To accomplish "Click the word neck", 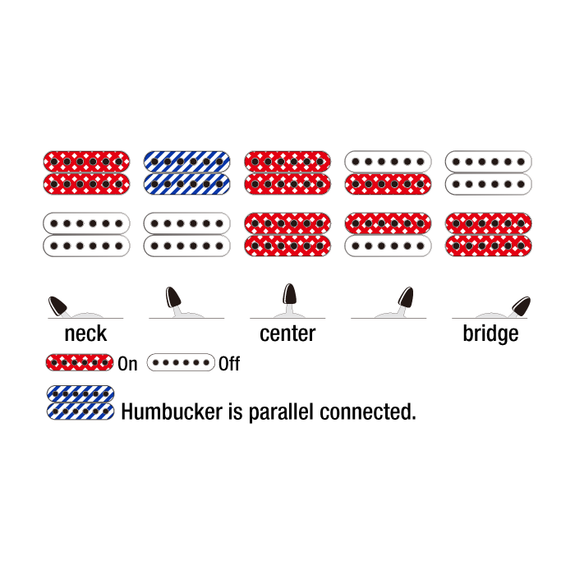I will pyautogui.click(x=85, y=333).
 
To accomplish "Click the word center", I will pyautogui.click(x=287, y=333).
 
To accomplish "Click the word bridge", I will pyautogui.click(x=490, y=333).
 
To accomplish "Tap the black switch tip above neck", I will pyautogui.click(x=57, y=306).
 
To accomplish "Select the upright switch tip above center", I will pyautogui.click(x=289, y=295).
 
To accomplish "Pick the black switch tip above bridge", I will pyautogui.click(x=521, y=306).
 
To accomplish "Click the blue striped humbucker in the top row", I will pyautogui.click(x=186, y=172).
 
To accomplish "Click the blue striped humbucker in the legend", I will pyautogui.click(x=80, y=402).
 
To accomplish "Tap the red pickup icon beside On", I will pyautogui.click(x=80, y=362).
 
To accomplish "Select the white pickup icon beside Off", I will pyautogui.click(x=181, y=362).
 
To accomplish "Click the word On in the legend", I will pyautogui.click(x=128, y=363).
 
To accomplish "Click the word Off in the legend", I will pyautogui.click(x=229, y=363).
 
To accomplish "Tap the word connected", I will pyautogui.click(x=375, y=412).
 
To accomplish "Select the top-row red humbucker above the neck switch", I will pyautogui.click(x=86, y=172).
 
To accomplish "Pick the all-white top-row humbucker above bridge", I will pyautogui.click(x=489, y=172).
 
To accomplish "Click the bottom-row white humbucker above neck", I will pyautogui.click(x=86, y=234).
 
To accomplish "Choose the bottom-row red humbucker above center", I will pyautogui.click(x=287, y=234).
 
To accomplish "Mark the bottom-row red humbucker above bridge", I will pyautogui.click(x=489, y=234).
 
